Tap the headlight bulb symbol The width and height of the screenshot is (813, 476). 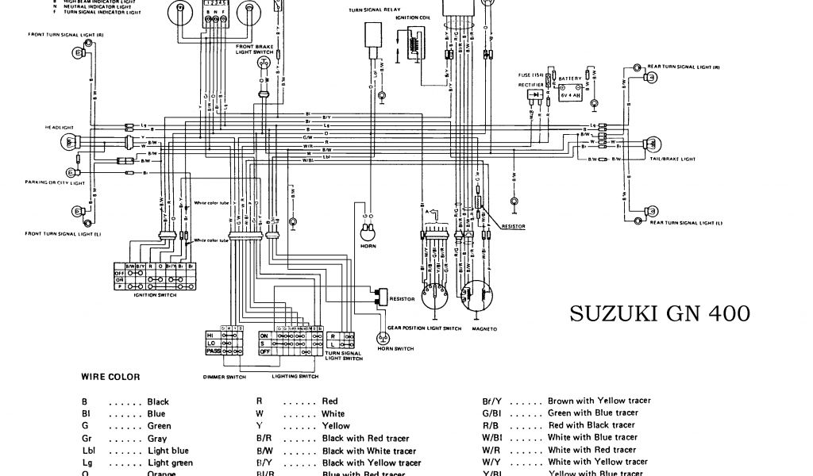tap(70, 142)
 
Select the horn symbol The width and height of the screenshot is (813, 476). tap(367, 232)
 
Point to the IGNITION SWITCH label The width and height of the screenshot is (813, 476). tap(156, 294)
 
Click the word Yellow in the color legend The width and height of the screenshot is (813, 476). tap(336, 426)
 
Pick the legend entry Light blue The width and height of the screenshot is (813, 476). tap(168, 451)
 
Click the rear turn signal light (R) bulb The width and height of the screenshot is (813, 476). tap(649, 78)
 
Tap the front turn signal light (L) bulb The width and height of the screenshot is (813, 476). tap(78, 212)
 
